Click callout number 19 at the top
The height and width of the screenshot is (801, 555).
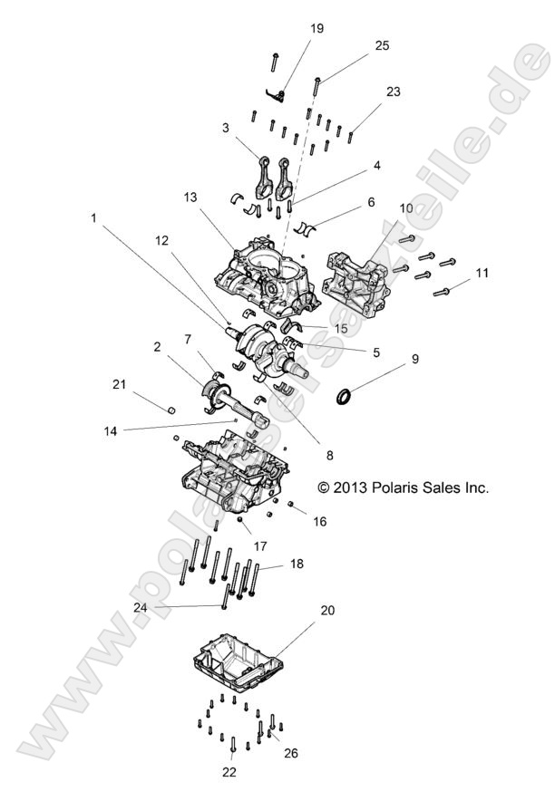click(x=316, y=28)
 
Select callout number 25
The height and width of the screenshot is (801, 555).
click(x=382, y=45)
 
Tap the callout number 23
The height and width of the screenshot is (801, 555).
click(x=392, y=92)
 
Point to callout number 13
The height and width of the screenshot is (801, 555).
click(x=189, y=197)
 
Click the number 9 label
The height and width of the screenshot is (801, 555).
click(x=416, y=359)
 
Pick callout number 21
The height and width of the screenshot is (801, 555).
click(x=144, y=386)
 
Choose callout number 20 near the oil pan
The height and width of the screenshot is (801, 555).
click(x=326, y=610)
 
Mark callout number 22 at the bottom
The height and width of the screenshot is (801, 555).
click(x=230, y=772)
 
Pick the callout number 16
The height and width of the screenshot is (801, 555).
click(x=319, y=522)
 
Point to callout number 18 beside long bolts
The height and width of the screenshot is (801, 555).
click(x=296, y=564)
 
